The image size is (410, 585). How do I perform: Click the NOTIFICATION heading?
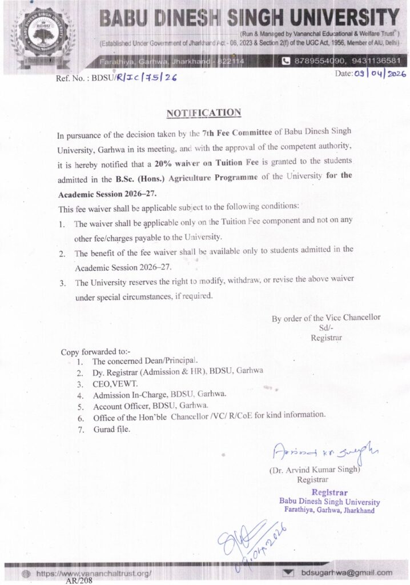pos(203,113)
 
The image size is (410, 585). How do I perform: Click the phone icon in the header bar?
pos(286,61)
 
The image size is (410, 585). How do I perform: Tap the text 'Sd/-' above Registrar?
pos(326,328)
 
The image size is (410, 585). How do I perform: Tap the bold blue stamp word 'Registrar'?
pos(329,492)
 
